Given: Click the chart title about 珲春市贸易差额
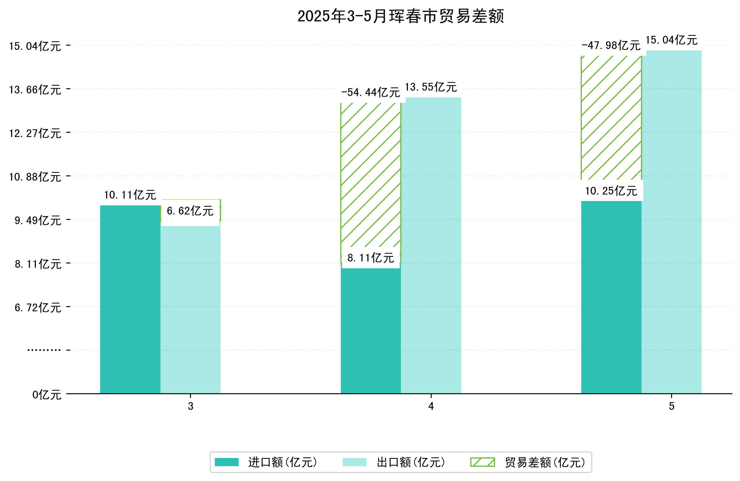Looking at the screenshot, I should point(401,16).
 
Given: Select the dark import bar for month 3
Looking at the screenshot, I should point(130,299).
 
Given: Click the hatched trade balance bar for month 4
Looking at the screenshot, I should point(371,174).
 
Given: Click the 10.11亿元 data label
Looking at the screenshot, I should point(130,195).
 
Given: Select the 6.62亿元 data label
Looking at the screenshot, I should point(190,211).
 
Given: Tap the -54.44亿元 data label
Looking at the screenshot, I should point(370,93).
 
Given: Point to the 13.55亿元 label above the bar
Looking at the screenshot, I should point(431,87).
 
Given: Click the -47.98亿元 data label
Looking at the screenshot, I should point(611,46).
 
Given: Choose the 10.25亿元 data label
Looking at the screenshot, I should point(611,191).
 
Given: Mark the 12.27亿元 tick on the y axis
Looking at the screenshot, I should point(35,133).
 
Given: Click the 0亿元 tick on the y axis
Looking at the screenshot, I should point(47,395).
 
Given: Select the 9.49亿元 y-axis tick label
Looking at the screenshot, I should point(38,220).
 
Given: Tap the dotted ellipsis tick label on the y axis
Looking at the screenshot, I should point(44,350).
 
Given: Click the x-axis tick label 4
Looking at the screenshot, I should point(431,406).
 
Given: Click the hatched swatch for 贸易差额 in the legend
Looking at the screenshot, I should point(482,462).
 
